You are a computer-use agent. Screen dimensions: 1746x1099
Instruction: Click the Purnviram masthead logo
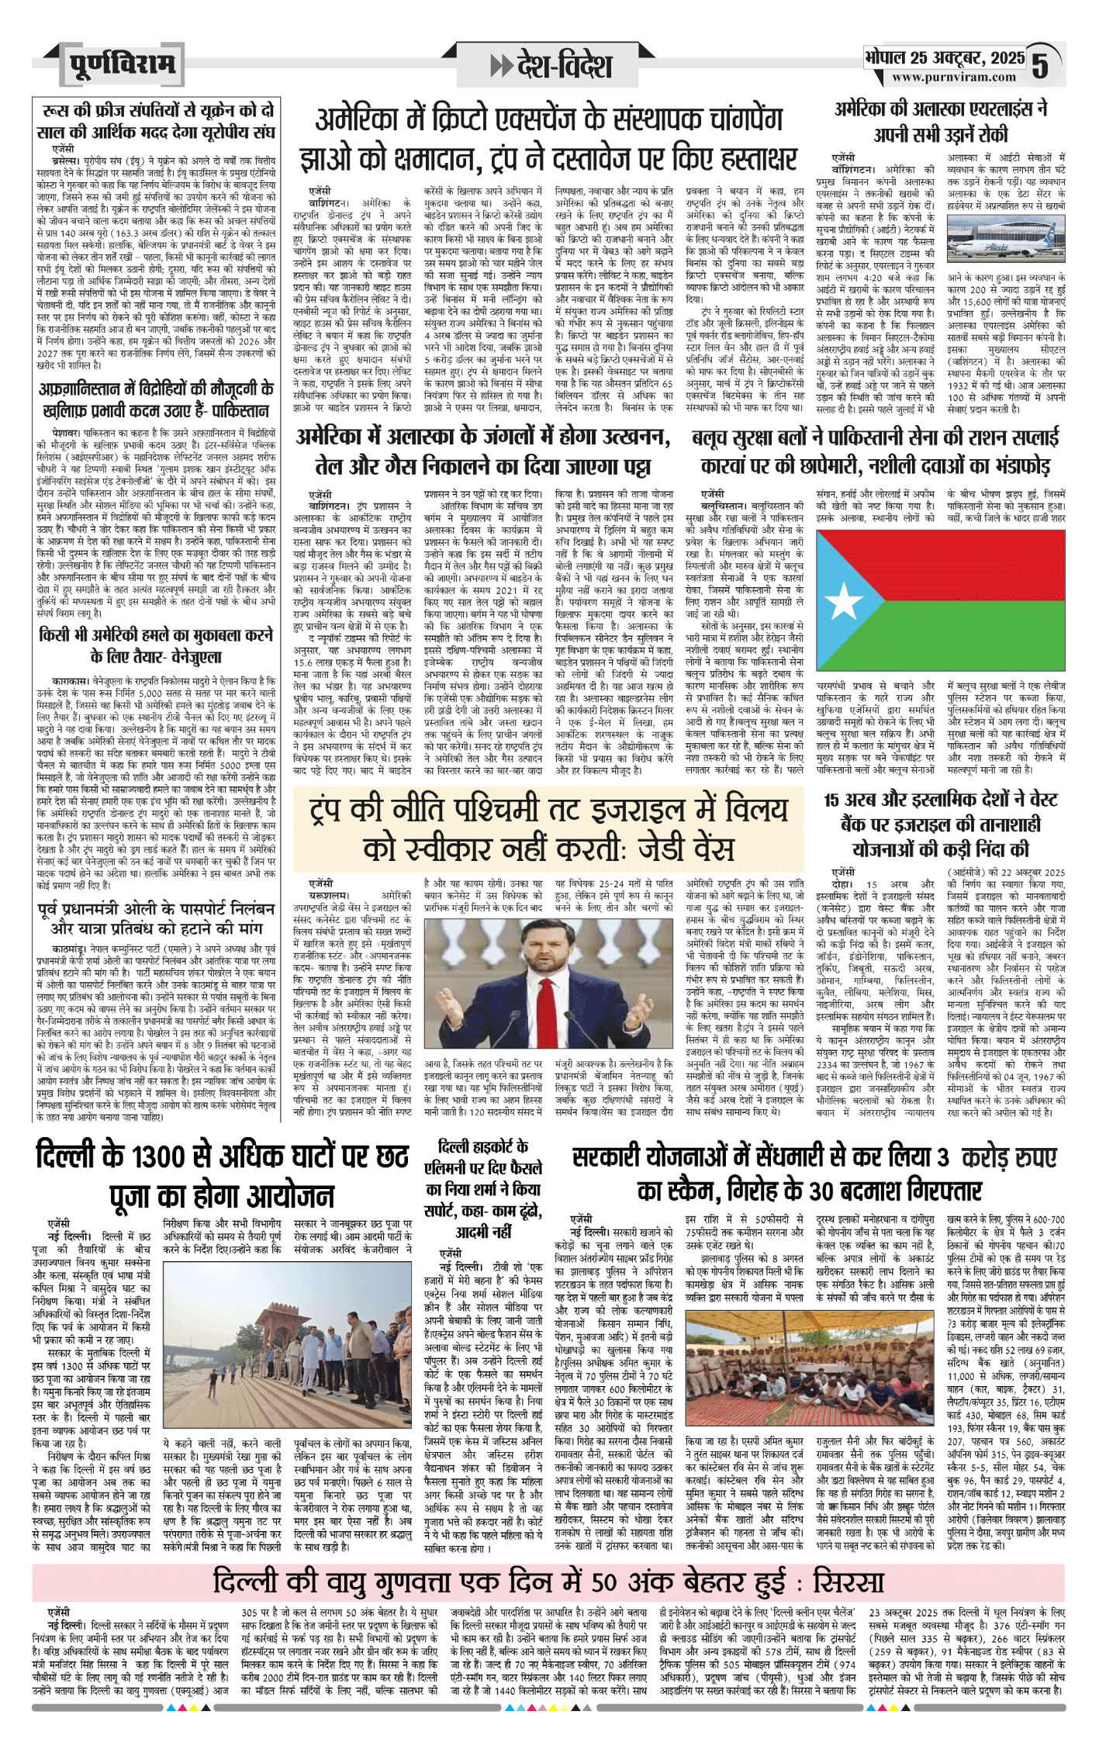[123, 64]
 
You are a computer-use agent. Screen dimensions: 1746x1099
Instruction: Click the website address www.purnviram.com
[953, 77]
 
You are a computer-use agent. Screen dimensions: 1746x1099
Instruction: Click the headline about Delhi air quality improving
[548, 1560]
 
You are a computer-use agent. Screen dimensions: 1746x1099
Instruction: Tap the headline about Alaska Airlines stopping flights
[941, 121]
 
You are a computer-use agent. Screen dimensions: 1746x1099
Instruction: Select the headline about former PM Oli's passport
[156, 917]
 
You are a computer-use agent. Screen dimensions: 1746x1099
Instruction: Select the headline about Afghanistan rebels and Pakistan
[156, 399]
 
